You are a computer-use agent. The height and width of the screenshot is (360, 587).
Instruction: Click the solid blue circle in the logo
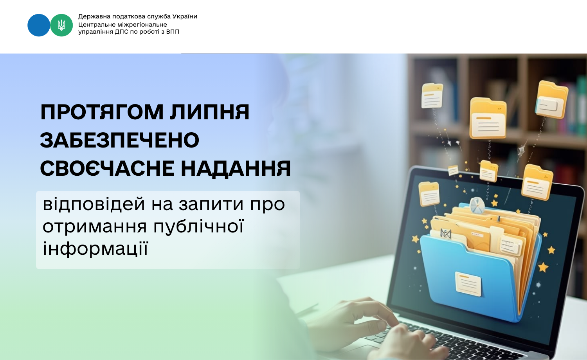[39, 25]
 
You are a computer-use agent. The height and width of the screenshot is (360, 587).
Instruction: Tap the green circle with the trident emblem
[61, 25]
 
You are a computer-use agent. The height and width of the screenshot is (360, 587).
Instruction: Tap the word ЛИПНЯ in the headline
[210, 112]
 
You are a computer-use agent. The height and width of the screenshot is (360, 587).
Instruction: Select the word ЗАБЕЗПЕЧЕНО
[120, 140]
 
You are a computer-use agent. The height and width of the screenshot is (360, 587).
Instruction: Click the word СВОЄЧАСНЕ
[107, 168]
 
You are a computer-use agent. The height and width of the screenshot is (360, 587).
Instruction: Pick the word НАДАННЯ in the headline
[236, 168]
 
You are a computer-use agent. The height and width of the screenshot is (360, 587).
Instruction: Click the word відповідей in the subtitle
[94, 204]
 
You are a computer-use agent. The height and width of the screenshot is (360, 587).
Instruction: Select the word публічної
[199, 227]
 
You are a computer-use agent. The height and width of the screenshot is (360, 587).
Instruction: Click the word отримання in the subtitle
[95, 227]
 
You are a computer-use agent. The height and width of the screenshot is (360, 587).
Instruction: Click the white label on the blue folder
[468, 284]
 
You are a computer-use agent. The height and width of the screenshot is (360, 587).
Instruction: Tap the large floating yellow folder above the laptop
[488, 118]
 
